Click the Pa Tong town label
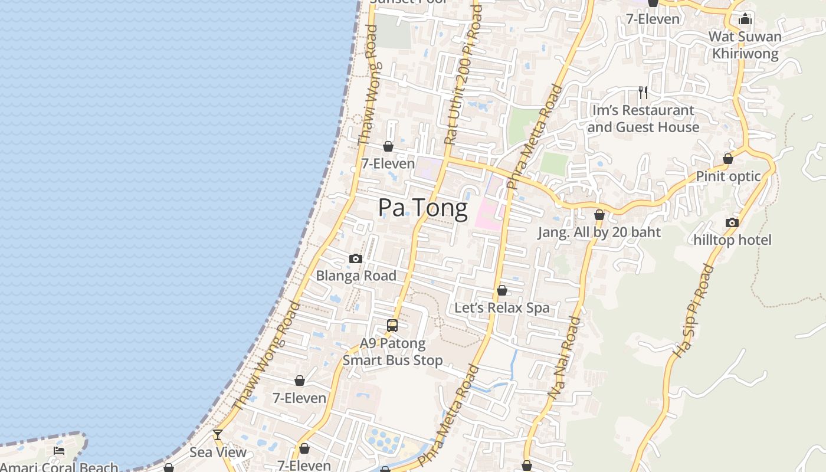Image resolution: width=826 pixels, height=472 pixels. pos(422,208)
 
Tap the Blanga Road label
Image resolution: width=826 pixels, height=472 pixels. pos(356,276)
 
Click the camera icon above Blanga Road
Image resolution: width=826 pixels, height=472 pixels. pos(355,258)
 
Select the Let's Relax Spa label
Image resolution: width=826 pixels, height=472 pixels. pos(501,307)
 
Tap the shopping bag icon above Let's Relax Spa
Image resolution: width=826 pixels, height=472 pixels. pos(501,290)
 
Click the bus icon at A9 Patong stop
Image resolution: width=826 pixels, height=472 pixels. pos(392,325)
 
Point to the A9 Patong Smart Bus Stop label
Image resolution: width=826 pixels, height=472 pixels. pos(392,352)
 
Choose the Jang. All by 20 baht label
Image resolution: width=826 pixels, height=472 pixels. pos(599,232)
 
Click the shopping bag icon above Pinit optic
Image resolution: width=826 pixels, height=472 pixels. pos(728,159)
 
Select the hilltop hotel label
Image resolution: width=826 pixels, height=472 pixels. pos(732,240)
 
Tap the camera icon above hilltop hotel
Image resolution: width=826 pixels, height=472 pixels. pos(732,222)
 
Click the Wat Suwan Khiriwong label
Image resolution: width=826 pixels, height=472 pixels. pos(745,45)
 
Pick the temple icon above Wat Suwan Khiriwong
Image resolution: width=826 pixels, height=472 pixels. pos(745,19)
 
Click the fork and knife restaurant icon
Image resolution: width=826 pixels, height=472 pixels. pos(643,93)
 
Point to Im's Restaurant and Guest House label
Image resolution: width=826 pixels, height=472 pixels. pos(643,119)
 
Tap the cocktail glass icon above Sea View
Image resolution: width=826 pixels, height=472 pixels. pos(218,435)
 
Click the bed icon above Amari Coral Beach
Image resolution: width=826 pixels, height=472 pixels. pos(59,451)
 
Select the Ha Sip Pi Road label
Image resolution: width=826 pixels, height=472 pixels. pos(693,311)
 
